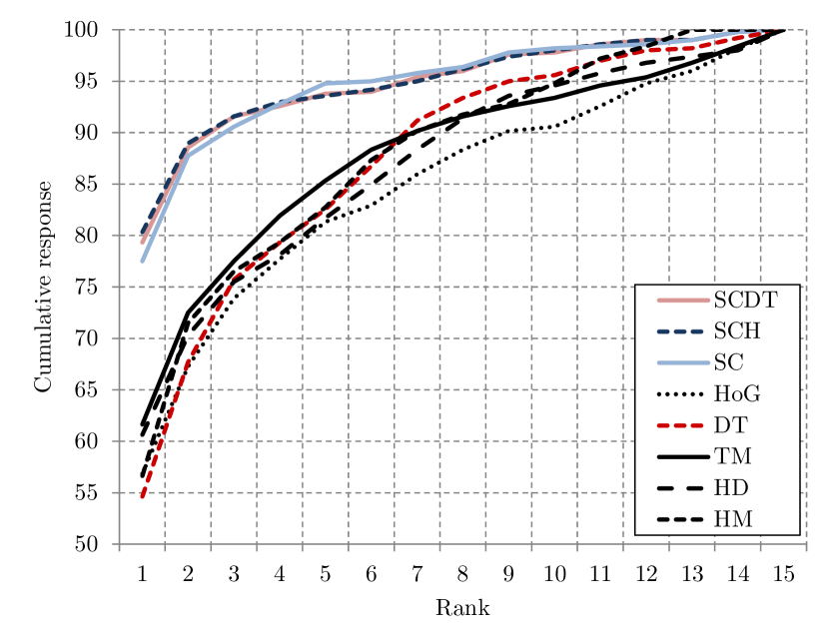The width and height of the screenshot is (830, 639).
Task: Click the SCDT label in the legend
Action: pyautogui.click(x=745, y=300)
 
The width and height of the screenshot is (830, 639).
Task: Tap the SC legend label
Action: pyautogui.click(x=728, y=361)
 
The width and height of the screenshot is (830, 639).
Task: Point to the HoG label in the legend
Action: pyautogui.click(x=734, y=393)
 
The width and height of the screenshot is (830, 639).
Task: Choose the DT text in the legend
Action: pyautogui.click(x=730, y=425)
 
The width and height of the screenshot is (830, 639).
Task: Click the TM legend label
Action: pyautogui.click(x=732, y=457)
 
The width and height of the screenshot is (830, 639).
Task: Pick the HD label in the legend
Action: pyautogui.click(x=731, y=488)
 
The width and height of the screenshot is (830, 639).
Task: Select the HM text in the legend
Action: pyautogui.click(x=733, y=520)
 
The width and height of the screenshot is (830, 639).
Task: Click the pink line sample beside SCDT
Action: pyautogui.click(x=682, y=300)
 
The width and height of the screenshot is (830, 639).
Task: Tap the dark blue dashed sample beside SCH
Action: pyautogui.click(x=682, y=330)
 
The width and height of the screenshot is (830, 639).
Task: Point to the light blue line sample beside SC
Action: pyautogui.click(x=682, y=361)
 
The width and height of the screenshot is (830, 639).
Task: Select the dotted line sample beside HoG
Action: pyautogui.click(x=682, y=393)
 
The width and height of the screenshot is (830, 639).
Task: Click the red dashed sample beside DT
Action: pyautogui.click(x=682, y=425)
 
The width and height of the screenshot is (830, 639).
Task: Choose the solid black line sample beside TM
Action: pyautogui.click(x=682, y=457)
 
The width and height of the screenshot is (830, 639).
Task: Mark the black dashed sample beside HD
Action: pyautogui.click(x=682, y=488)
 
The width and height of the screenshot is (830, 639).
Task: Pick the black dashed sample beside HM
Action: pyautogui.click(x=682, y=520)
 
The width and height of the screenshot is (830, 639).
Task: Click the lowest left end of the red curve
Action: pyautogui.click(x=142, y=496)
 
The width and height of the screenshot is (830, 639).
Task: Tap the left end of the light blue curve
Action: pyautogui.click(x=143, y=262)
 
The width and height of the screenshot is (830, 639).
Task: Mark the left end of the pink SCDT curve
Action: pyautogui.click(x=142, y=243)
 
